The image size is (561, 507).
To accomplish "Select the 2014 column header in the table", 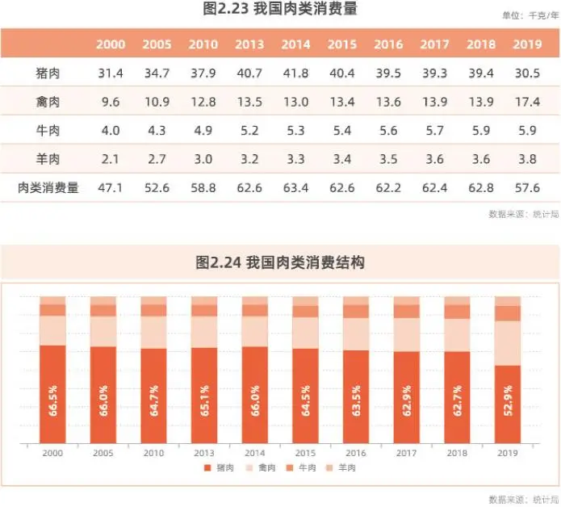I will (296, 44).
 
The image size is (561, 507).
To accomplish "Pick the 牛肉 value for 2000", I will (111, 131).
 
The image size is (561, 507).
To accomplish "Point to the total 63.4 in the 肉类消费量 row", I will (296, 188).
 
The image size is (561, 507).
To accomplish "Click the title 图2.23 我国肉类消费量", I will (280, 10).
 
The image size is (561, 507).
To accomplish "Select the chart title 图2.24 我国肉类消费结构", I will (280, 263).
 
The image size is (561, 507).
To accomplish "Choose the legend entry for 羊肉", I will (343, 468).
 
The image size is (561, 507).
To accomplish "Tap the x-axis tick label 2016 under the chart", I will (356, 454).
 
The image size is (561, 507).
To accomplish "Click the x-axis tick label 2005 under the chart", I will (103, 454).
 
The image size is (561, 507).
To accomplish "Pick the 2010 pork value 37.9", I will (203, 73).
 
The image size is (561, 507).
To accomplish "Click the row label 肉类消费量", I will (48, 188).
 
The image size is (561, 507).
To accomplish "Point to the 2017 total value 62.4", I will (436, 188).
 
